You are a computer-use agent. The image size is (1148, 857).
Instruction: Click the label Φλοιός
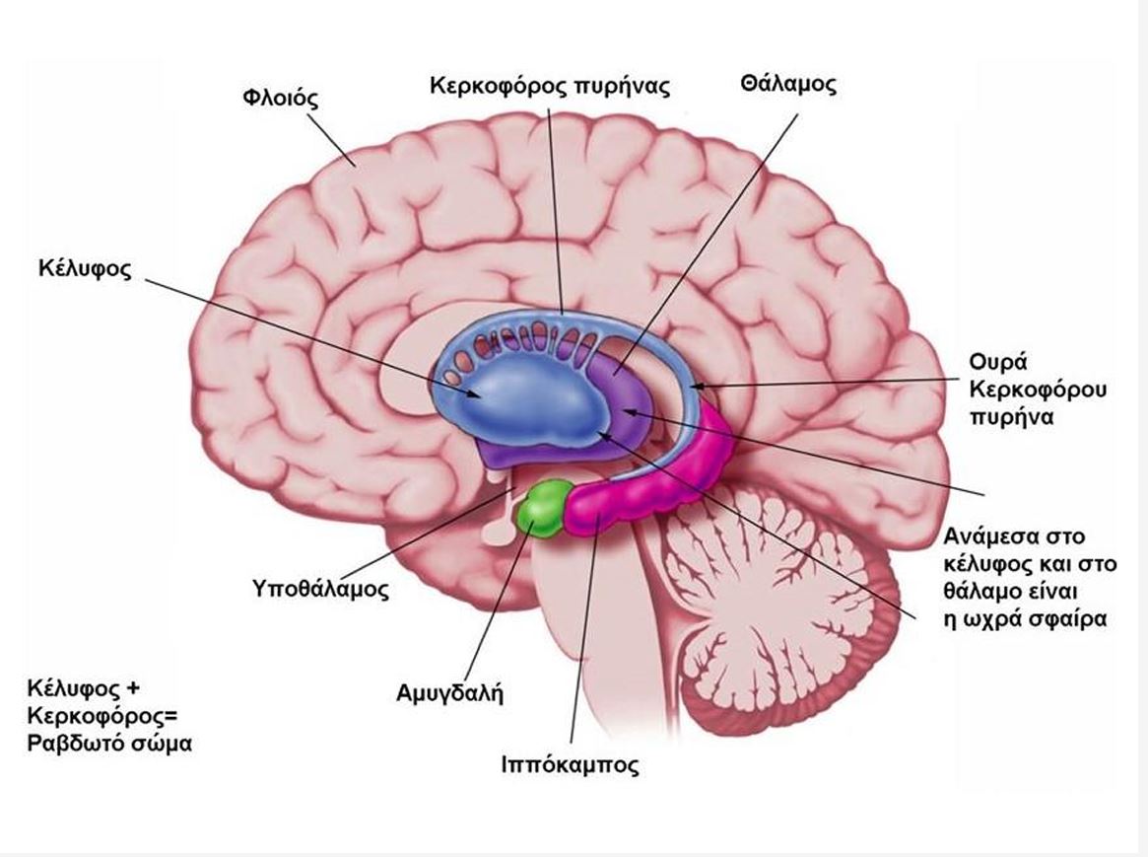coord(282,99)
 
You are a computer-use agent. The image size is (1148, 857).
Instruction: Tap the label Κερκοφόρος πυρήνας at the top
coord(549,86)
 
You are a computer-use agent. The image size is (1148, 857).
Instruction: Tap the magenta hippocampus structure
coord(631,493)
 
